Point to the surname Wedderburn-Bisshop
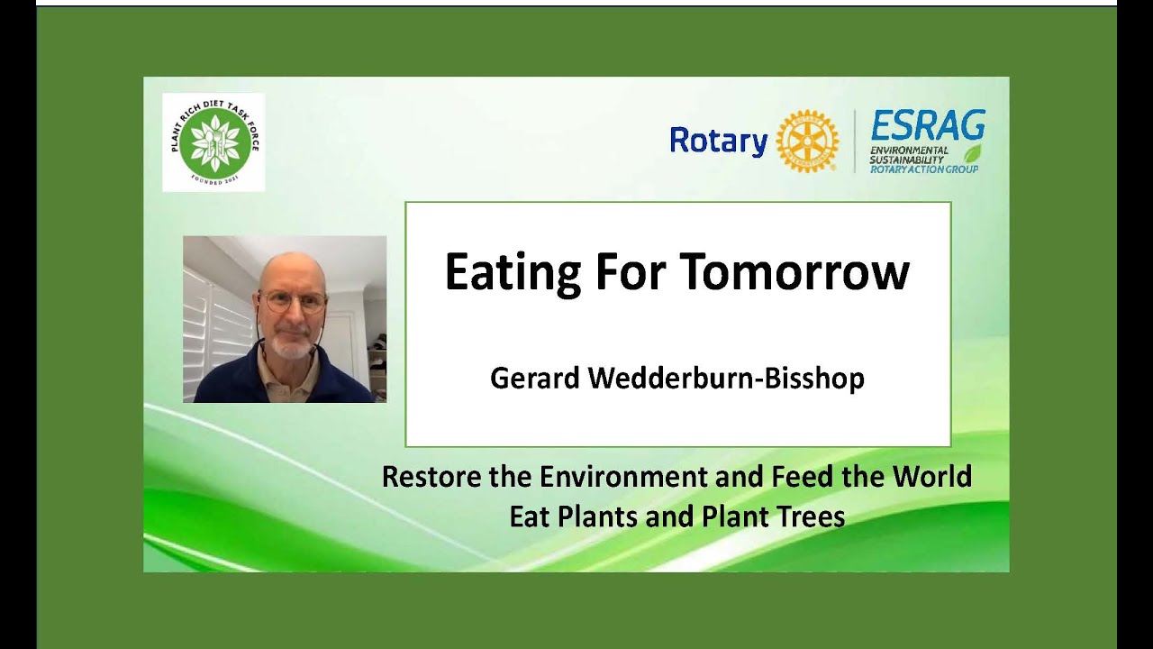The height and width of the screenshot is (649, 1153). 726,379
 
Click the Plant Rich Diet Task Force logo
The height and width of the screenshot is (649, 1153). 213,142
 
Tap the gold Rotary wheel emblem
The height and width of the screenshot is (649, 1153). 807,142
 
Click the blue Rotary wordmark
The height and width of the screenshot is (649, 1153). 718,142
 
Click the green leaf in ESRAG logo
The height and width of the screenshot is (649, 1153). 973,153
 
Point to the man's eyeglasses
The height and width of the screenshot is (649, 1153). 292,302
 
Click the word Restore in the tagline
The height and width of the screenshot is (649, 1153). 431,476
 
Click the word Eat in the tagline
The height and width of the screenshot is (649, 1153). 529,516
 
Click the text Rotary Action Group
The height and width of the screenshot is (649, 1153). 923,169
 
